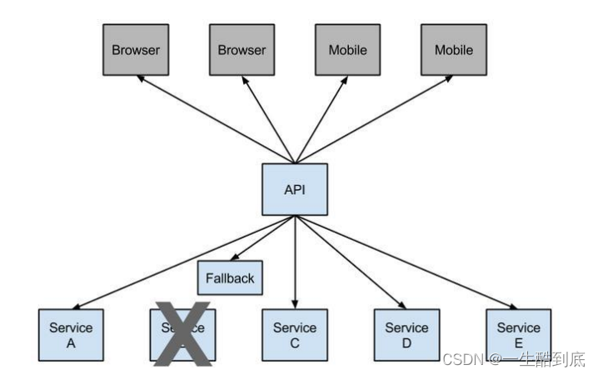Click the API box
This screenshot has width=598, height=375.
click(x=295, y=189)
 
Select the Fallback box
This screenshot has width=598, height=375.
click(x=230, y=277)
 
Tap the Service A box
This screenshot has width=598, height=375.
click(x=70, y=335)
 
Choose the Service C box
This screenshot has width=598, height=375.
click(x=295, y=335)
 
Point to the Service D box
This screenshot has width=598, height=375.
click(x=406, y=335)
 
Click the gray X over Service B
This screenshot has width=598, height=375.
click(x=184, y=335)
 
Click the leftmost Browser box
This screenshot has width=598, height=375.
click(x=136, y=50)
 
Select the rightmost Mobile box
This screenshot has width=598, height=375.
click(x=453, y=50)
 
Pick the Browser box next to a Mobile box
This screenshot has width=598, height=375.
click(x=242, y=50)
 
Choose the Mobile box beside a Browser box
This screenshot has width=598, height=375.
click(x=347, y=50)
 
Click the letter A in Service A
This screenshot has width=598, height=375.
click(x=70, y=342)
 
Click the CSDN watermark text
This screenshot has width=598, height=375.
click(x=513, y=359)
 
